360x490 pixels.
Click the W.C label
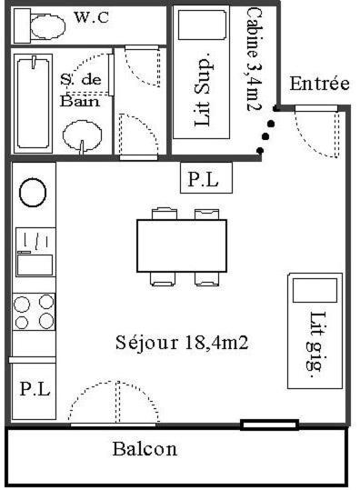click(x=92, y=17)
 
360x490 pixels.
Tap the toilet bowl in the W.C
click(x=48, y=26)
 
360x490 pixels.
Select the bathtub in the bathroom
click(x=33, y=104)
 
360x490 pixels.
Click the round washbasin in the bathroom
click(x=82, y=135)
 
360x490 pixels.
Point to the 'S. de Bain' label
click(x=81, y=90)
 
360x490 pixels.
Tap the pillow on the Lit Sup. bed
click(x=202, y=25)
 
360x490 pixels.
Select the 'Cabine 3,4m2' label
click(x=253, y=59)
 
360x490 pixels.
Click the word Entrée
click(x=319, y=84)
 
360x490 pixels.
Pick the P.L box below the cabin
click(x=206, y=178)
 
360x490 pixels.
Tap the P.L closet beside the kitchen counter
click(x=34, y=390)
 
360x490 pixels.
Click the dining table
click(x=182, y=246)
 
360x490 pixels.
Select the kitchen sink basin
click(x=35, y=265)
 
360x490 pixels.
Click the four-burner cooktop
click(x=34, y=312)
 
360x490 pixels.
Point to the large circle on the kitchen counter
click(x=33, y=193)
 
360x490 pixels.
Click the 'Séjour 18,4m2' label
click(x=182, y=343)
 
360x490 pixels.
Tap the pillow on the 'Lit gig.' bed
click(x=315, y=291)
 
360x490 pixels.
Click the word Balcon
click(x=145, y=449)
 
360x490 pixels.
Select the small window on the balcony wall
click(x=269, y=425)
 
